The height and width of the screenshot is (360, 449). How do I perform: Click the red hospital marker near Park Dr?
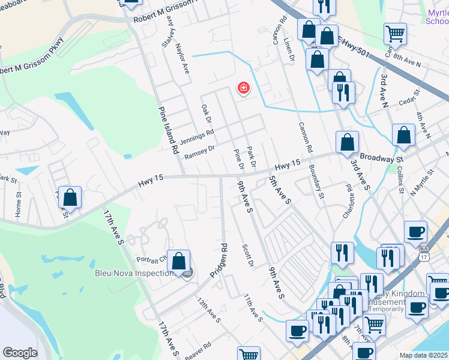pos(244,89)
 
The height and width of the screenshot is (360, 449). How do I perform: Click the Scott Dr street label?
pos(248,256)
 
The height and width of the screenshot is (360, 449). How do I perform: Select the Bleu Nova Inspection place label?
pos(133,273)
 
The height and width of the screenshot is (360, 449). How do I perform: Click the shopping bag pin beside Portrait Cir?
pos(178,262)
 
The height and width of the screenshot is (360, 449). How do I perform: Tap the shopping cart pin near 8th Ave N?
pos(395,34)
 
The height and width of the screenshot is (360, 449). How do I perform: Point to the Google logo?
pos(20,353)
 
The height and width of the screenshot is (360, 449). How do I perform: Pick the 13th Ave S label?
pos(209,309)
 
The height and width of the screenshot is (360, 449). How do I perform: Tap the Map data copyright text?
pos(424,355)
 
